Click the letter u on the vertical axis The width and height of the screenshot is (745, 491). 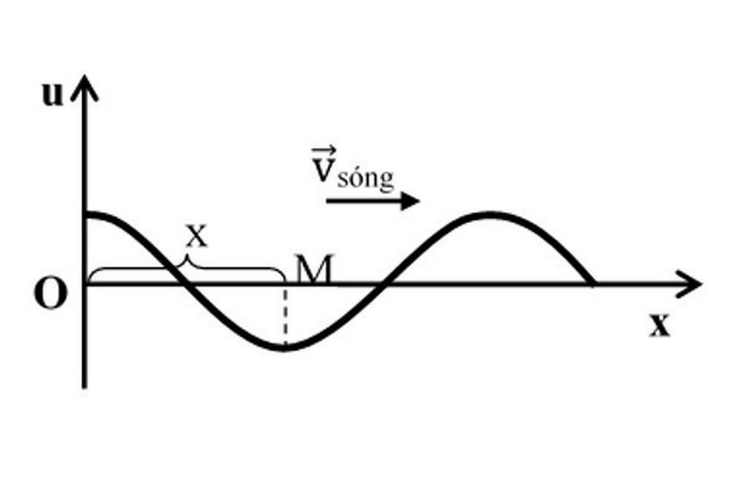pyautogui.click(x=52, y=95)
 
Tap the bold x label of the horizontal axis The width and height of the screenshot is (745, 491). pyautogui.click(x=659, y=325)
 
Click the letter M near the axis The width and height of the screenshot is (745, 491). pyautogui.click(x=314, y=269)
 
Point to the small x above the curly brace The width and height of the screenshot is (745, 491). pyautogui.click(x=196, y=236)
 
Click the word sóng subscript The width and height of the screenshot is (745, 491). pyautogui.click(x=366, y=179)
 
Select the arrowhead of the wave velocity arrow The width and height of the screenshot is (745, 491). pyautogui.click(x=410, y=201)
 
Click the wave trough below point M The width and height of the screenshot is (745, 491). pyautogui.click(x=284, y=348)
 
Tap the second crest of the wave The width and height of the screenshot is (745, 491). pyautogui.click(x=490, y=215)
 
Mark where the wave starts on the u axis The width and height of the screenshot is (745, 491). pyautogui.click(x=87, y=215)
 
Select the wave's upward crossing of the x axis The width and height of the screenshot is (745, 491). pyautogui.click(x=384, y=284)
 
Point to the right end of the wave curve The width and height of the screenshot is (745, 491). pyautogui.click(x=592, y=283)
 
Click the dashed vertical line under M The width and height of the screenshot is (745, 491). pyautogui.click(x=285, y=316)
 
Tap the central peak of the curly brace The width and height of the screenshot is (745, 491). pyautogui.click(x=185, y=260)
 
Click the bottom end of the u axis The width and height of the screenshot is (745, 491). pyautogui.click(x=85, y=387)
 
